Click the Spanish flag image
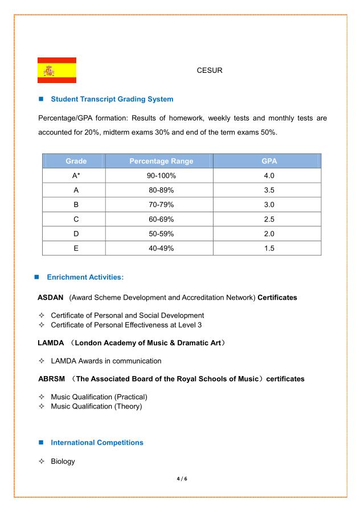click(x=57, y=70)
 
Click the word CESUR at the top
click(x=209, y=71)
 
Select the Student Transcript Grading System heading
click(x=112, y=99)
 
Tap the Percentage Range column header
click(x=161, y=161)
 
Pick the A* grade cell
click(x=75, y=176)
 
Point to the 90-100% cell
click(x=161, y=176)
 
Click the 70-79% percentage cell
click(x=161, y=205)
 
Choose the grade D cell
click(x=75, y=234)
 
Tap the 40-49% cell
click(x=161, y=249)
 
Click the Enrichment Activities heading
click(x=85, y=277)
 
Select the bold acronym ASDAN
click(x=51, y=298)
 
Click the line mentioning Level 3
click(x=126, y=325)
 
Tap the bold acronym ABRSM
click(x=51, y=378)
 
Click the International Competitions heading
click(x=97, y=442)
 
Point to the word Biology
click(x=63, y=461)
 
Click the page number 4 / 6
click(x=180, y=479)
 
